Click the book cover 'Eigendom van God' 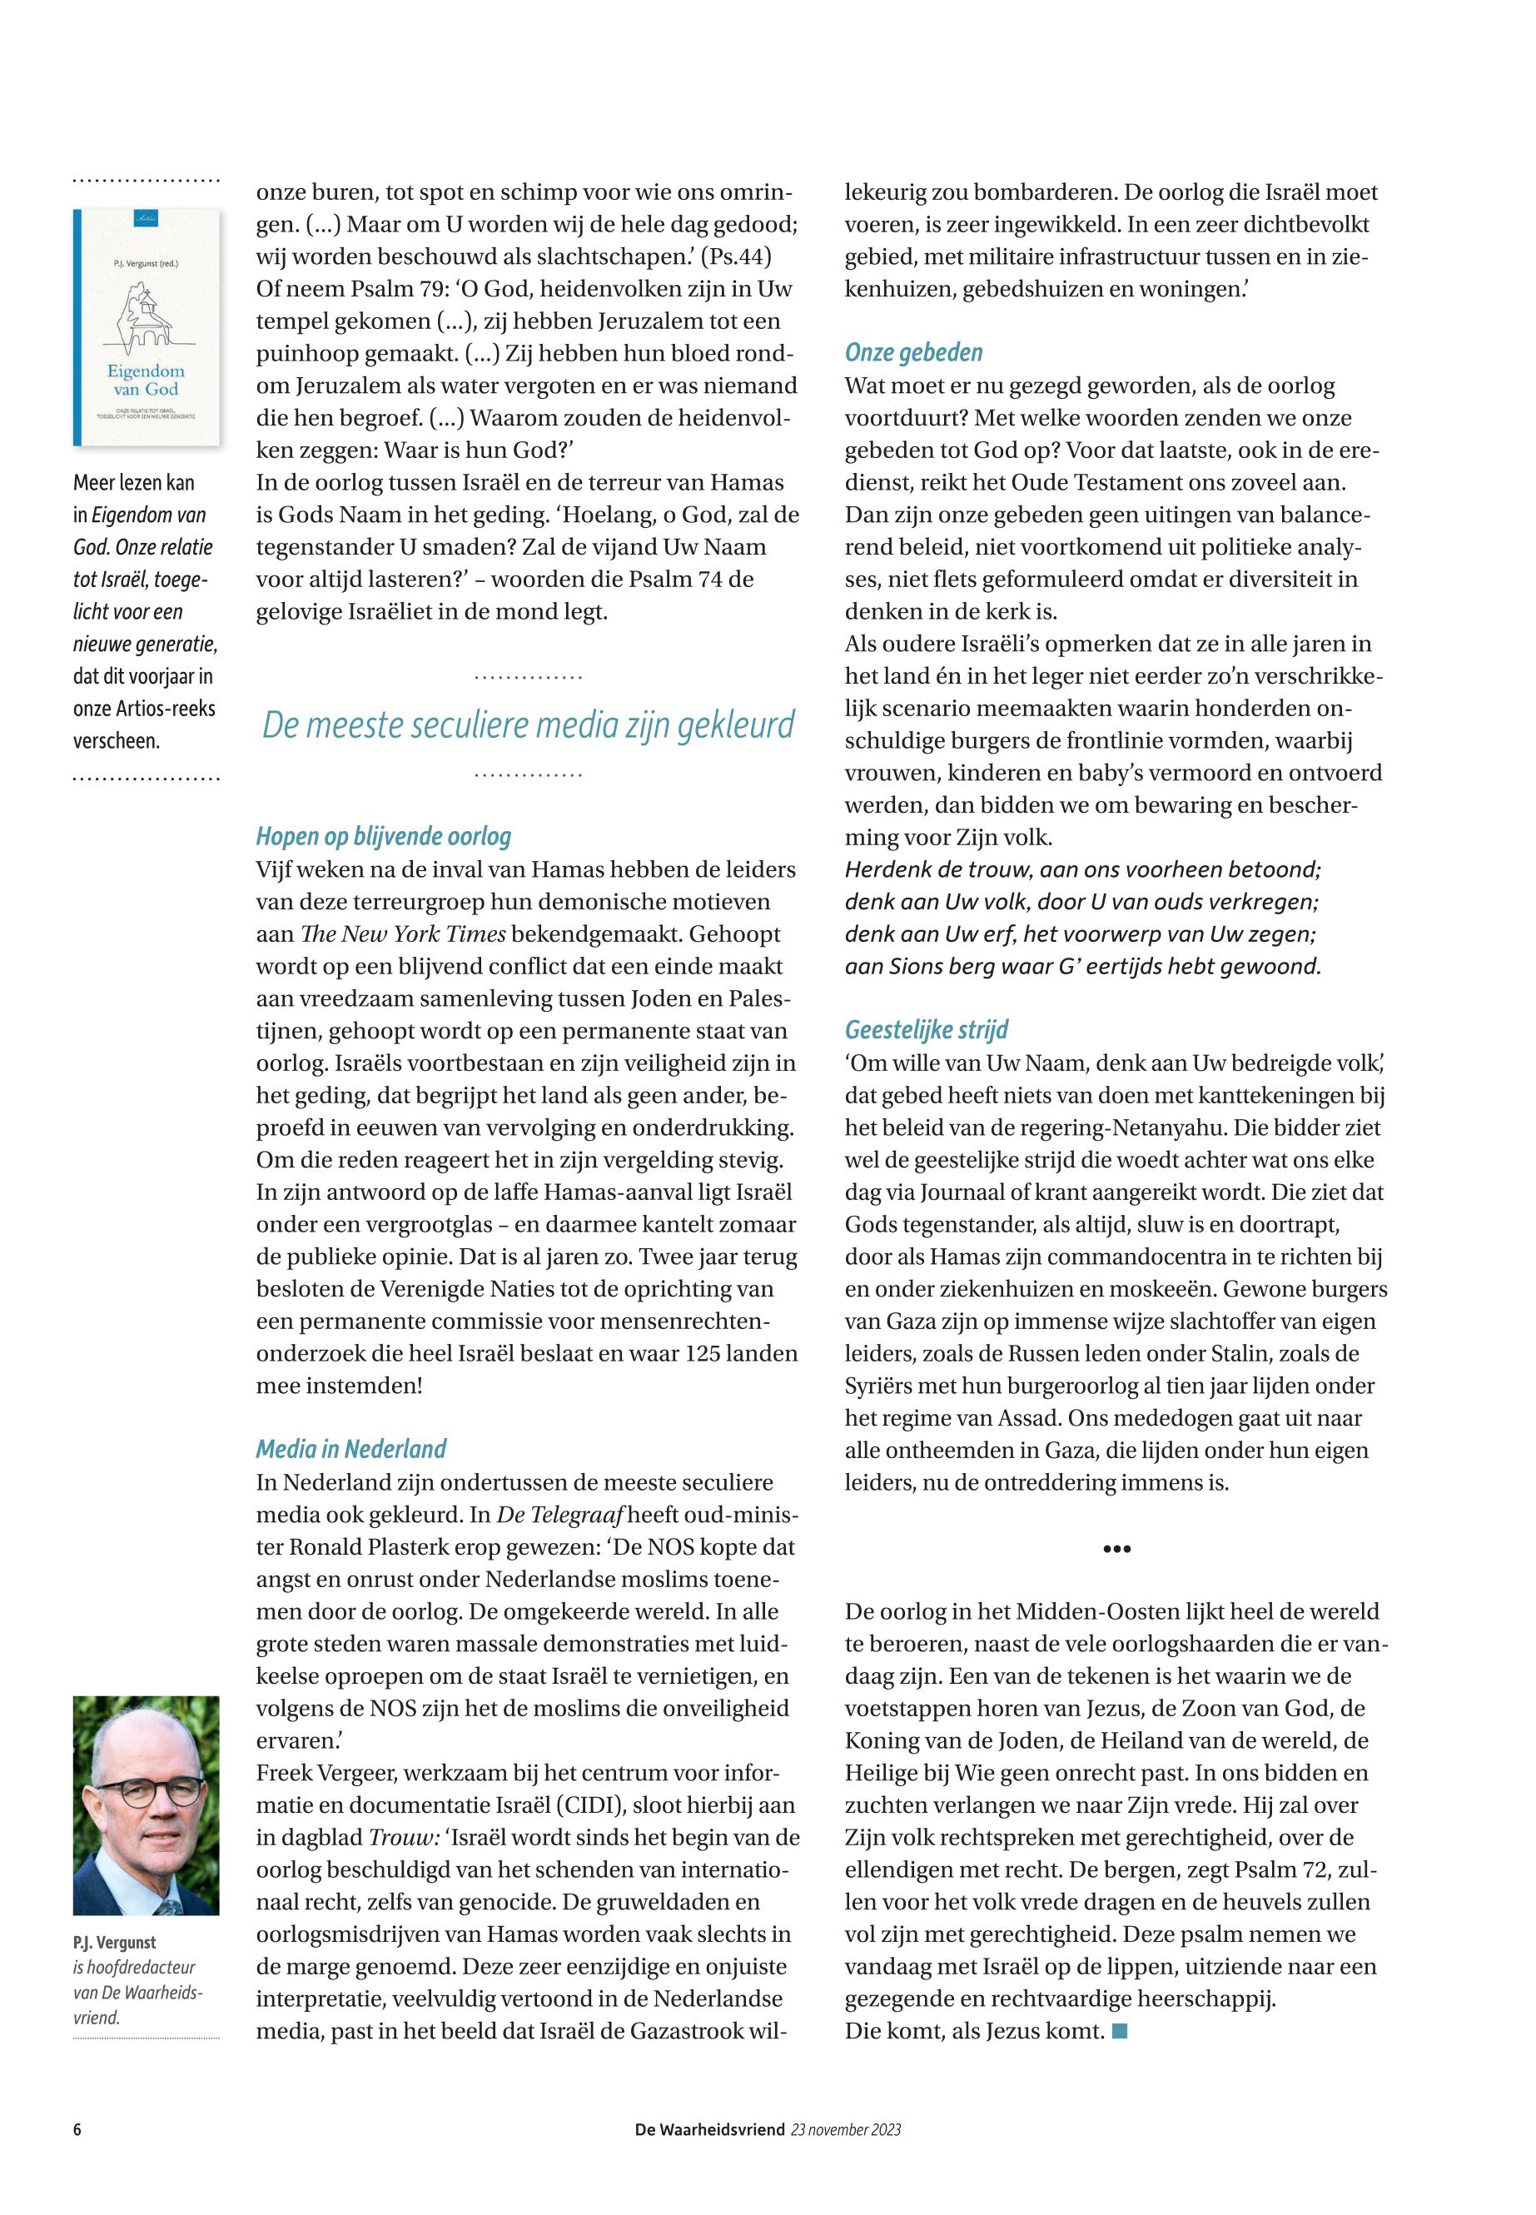tap(147, 327)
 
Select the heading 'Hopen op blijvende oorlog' tap(383, 837)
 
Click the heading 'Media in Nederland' tap(351, 1449)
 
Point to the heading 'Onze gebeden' tap(913, 352)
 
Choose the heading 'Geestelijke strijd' tap(926, 1030)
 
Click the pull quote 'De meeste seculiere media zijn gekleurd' tap(529, 724)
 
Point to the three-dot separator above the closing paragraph tap(1116, 1549)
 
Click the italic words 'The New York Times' tap(402, 933)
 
